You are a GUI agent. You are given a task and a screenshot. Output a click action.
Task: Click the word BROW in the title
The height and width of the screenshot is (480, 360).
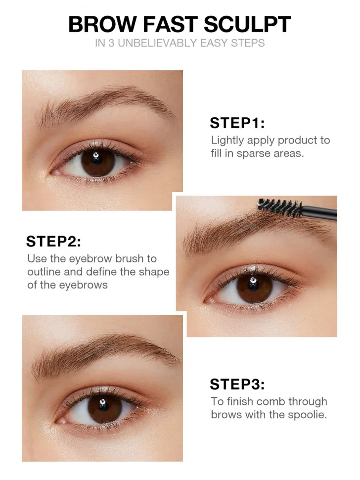(x=103, y=24)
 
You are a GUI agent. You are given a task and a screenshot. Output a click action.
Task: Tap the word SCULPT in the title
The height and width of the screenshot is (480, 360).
(x=247, y=24)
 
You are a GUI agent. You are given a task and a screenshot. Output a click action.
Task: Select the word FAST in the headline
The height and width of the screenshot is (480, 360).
(x=171, y=24)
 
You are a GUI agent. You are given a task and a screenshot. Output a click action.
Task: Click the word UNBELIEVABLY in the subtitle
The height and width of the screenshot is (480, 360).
(x=157, y=43)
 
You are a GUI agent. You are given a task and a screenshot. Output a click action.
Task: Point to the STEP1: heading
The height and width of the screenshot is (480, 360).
(x=237, y=123)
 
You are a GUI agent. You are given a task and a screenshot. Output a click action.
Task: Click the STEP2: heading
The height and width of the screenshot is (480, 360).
(x=53, y=241)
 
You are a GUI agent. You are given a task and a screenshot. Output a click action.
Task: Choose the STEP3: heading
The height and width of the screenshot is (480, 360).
(x=237, y=384)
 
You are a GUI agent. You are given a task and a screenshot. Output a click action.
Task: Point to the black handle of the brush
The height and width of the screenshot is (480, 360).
(x=319, y=212)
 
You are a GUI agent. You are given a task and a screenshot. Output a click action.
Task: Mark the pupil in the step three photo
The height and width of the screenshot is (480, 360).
(x=103, y=406)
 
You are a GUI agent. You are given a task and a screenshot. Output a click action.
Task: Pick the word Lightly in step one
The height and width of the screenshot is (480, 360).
(x=227, y=141)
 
